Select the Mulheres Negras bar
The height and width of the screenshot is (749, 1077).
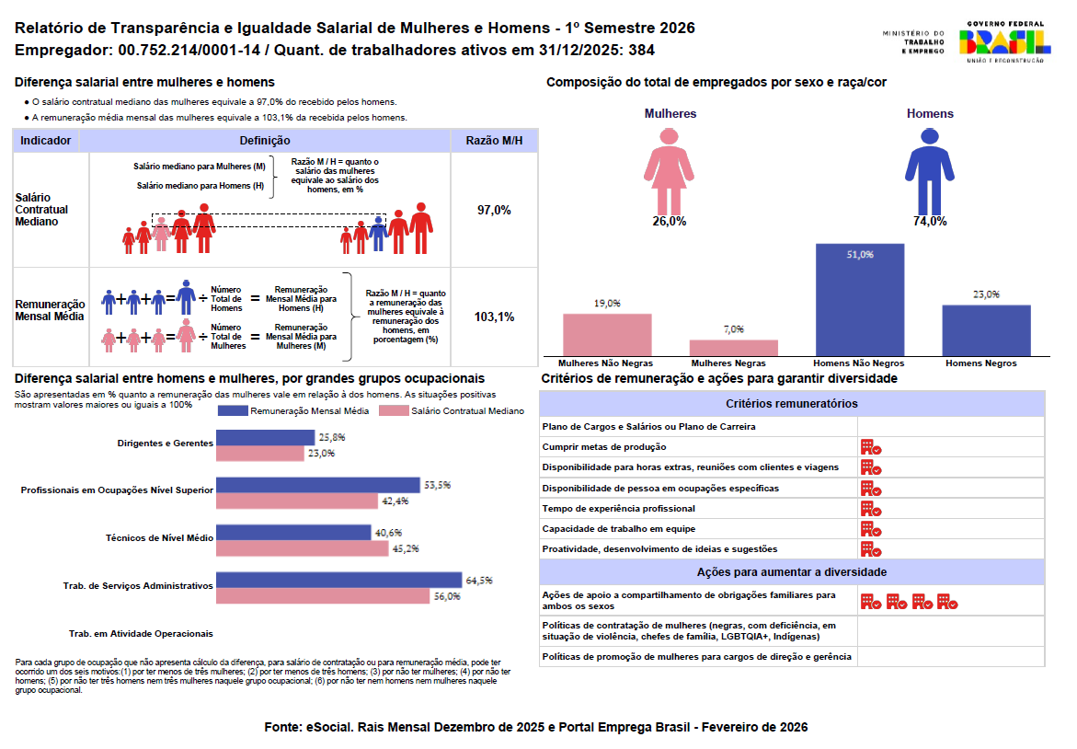pos(733,347)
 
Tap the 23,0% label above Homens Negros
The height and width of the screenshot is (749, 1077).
pos(986,294)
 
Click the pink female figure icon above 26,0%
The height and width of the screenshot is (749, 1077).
pos(669,170)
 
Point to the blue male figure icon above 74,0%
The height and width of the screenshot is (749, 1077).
pos(930,170)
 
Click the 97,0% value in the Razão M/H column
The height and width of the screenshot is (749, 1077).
pos(494,210)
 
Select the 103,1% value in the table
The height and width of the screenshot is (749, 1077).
pos(494,317)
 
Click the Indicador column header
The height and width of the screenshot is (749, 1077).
pos(46,141)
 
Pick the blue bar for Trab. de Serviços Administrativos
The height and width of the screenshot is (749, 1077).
pos(338,580)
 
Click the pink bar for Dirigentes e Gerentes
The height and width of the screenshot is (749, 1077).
pos(259,453)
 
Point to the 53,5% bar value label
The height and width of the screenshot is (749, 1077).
pos(437,485)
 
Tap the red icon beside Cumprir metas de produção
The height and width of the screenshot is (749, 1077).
pos(870,447)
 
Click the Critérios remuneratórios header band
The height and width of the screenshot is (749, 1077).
pos(791,404)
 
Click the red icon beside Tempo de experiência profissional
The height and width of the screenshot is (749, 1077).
pos(870,509)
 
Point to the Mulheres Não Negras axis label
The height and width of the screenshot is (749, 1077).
pos(606,363)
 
